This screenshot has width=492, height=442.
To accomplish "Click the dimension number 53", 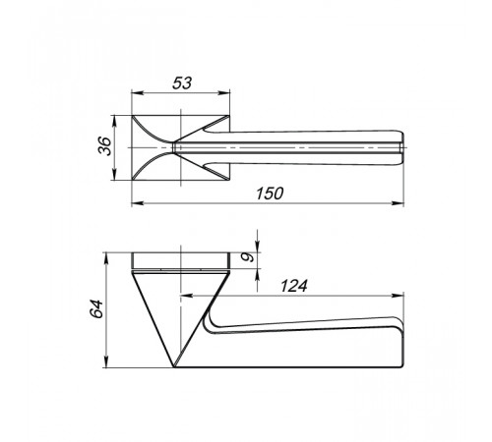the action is [182, 83].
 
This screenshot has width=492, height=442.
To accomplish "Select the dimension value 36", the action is [105, 146].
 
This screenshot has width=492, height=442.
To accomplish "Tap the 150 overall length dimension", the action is [270, 193].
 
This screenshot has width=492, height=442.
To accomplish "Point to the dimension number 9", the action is [248, 257].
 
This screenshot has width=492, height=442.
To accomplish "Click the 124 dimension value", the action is [294, 286].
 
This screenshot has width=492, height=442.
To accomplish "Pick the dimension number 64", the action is [97, 308].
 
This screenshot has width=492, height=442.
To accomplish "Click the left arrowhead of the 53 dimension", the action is [138, 93].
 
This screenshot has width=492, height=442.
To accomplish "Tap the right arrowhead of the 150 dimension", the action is [398, 203].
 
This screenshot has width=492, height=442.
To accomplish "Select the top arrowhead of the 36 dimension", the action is [114, 122].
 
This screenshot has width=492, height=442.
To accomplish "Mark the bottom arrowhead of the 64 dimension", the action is [106, 361].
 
